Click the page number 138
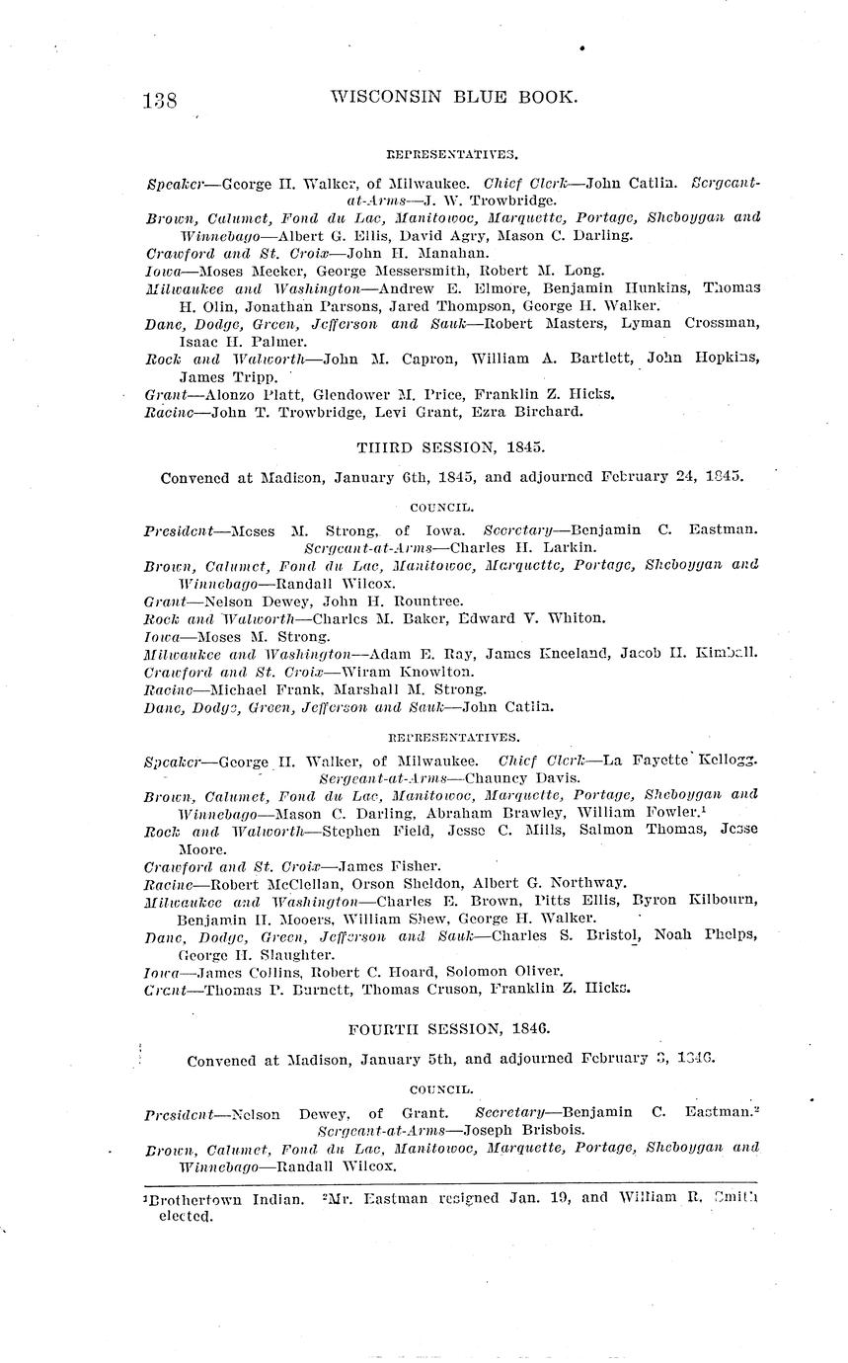pos(160,101)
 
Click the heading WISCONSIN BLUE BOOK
pos(453,97)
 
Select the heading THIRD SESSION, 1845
pos(450,445)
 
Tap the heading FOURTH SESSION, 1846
pos(449,1028)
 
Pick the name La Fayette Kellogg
pos(695,761)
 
